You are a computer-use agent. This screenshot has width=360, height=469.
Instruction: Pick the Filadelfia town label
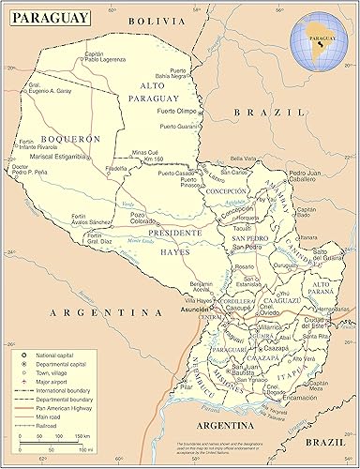point(116,170)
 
